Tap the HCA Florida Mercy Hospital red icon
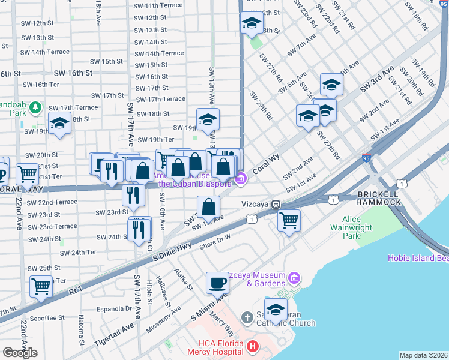point(253,346)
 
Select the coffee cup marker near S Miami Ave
point(217,283)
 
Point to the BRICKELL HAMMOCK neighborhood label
point(379,198)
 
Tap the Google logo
point(20,352)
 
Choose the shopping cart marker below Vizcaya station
point(289,220)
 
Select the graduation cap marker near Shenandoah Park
point(59,124)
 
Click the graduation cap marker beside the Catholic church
point(276,310)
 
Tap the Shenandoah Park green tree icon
point(35,107)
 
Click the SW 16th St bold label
point(73,73)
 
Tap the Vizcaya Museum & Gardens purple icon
point(294,278)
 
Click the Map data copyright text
point(423,355)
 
